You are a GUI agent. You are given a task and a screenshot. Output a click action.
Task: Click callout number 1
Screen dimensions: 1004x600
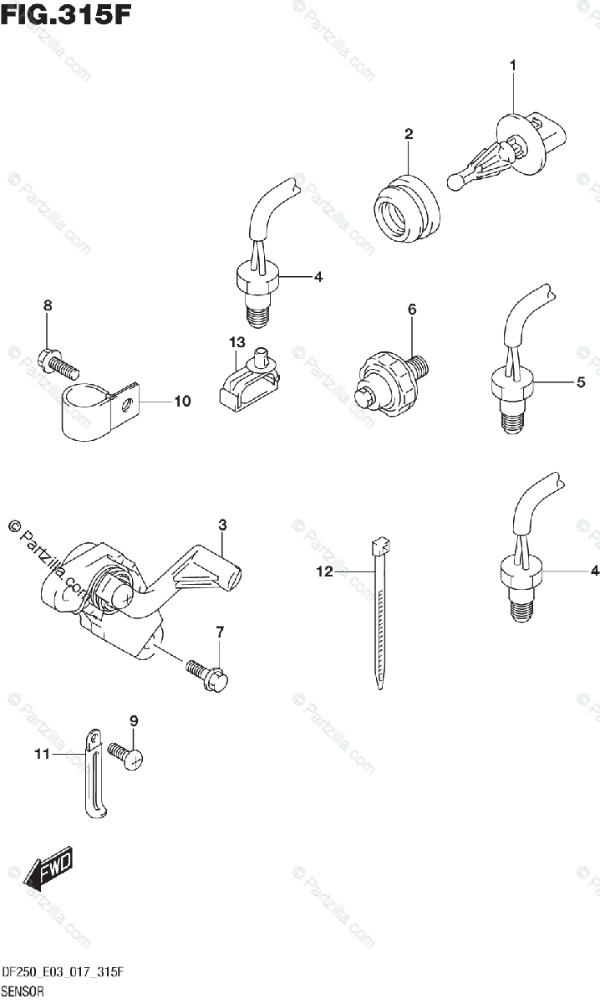(513, 64)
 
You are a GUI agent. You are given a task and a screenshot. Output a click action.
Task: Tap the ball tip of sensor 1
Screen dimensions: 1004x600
(455, 180)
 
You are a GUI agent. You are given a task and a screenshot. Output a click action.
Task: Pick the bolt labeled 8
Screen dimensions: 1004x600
(58, 363)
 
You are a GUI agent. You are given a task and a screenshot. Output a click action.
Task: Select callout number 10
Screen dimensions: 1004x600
(181, 402)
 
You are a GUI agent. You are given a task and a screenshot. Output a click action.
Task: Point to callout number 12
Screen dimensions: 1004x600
(324, 572)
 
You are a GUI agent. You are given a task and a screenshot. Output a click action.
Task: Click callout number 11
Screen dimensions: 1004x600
(43, 754)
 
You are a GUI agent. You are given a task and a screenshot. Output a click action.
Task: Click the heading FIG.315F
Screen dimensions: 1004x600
(66, 15)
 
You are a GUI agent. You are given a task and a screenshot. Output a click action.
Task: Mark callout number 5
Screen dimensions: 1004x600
(580, 383)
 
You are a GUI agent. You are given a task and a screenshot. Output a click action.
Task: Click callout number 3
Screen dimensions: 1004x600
(222, 525)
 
